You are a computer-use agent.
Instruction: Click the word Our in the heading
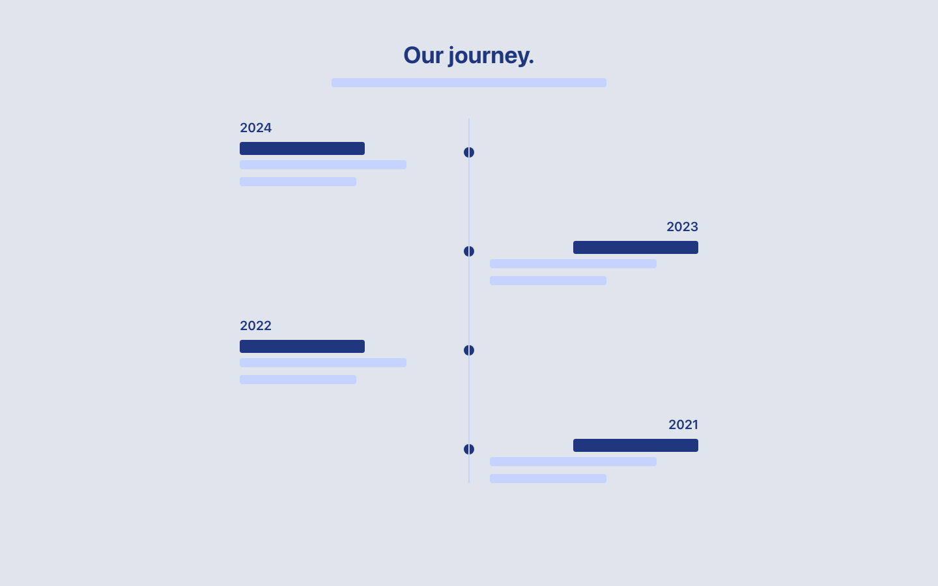(423, 55)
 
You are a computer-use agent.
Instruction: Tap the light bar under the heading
(468, 83)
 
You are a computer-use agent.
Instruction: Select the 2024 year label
(255, 128)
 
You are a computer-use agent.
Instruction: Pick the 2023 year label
(682, 227)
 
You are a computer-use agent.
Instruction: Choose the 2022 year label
(255, 326)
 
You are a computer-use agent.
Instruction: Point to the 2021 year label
(683, 425)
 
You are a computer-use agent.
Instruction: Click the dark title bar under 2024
(302, 148)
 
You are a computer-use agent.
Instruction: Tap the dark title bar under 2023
(635, 247)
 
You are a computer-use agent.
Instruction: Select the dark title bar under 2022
(302, 346)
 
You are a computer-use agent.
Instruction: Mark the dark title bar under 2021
(635, 445)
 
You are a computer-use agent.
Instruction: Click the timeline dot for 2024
(469, 152)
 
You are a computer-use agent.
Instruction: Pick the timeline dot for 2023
(469, 251)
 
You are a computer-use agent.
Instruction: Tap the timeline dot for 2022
(469, 350)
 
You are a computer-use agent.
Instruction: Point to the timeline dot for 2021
(469, 449)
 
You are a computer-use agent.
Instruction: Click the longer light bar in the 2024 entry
(322, 165)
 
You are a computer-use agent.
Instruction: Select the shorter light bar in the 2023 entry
(548, 281)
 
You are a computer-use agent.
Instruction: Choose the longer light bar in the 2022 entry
(322, 363)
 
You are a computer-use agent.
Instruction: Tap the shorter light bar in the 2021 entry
(548, 479)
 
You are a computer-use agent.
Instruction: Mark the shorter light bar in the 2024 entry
(298, 182)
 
